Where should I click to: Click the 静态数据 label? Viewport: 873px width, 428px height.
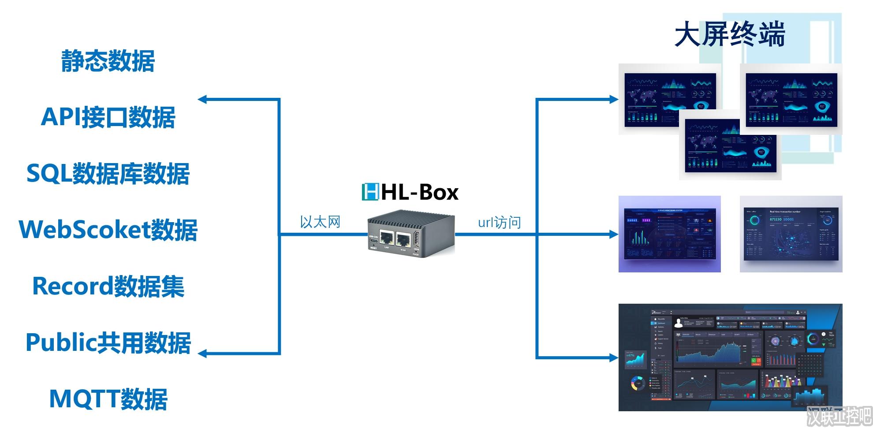108,61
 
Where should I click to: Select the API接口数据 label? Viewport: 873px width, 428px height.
108,117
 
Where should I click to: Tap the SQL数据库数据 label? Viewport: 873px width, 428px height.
108,173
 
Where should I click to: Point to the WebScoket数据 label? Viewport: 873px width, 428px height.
108,230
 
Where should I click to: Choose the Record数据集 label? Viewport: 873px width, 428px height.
108,286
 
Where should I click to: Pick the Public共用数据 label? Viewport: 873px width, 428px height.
108,342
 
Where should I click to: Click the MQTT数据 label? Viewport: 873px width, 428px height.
108,399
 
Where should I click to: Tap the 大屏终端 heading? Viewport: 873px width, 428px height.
730,34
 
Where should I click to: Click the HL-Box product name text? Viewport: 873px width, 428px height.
420,192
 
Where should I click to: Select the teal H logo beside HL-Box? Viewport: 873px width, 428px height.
370,192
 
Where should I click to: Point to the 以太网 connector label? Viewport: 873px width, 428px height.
320,222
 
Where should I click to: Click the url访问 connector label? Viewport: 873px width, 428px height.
500,222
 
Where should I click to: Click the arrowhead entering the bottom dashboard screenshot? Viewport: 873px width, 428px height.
614,357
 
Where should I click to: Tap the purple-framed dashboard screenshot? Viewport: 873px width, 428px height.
669,234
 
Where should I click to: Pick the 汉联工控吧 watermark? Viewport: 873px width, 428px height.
839,416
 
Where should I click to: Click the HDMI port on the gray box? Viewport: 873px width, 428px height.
416,241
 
